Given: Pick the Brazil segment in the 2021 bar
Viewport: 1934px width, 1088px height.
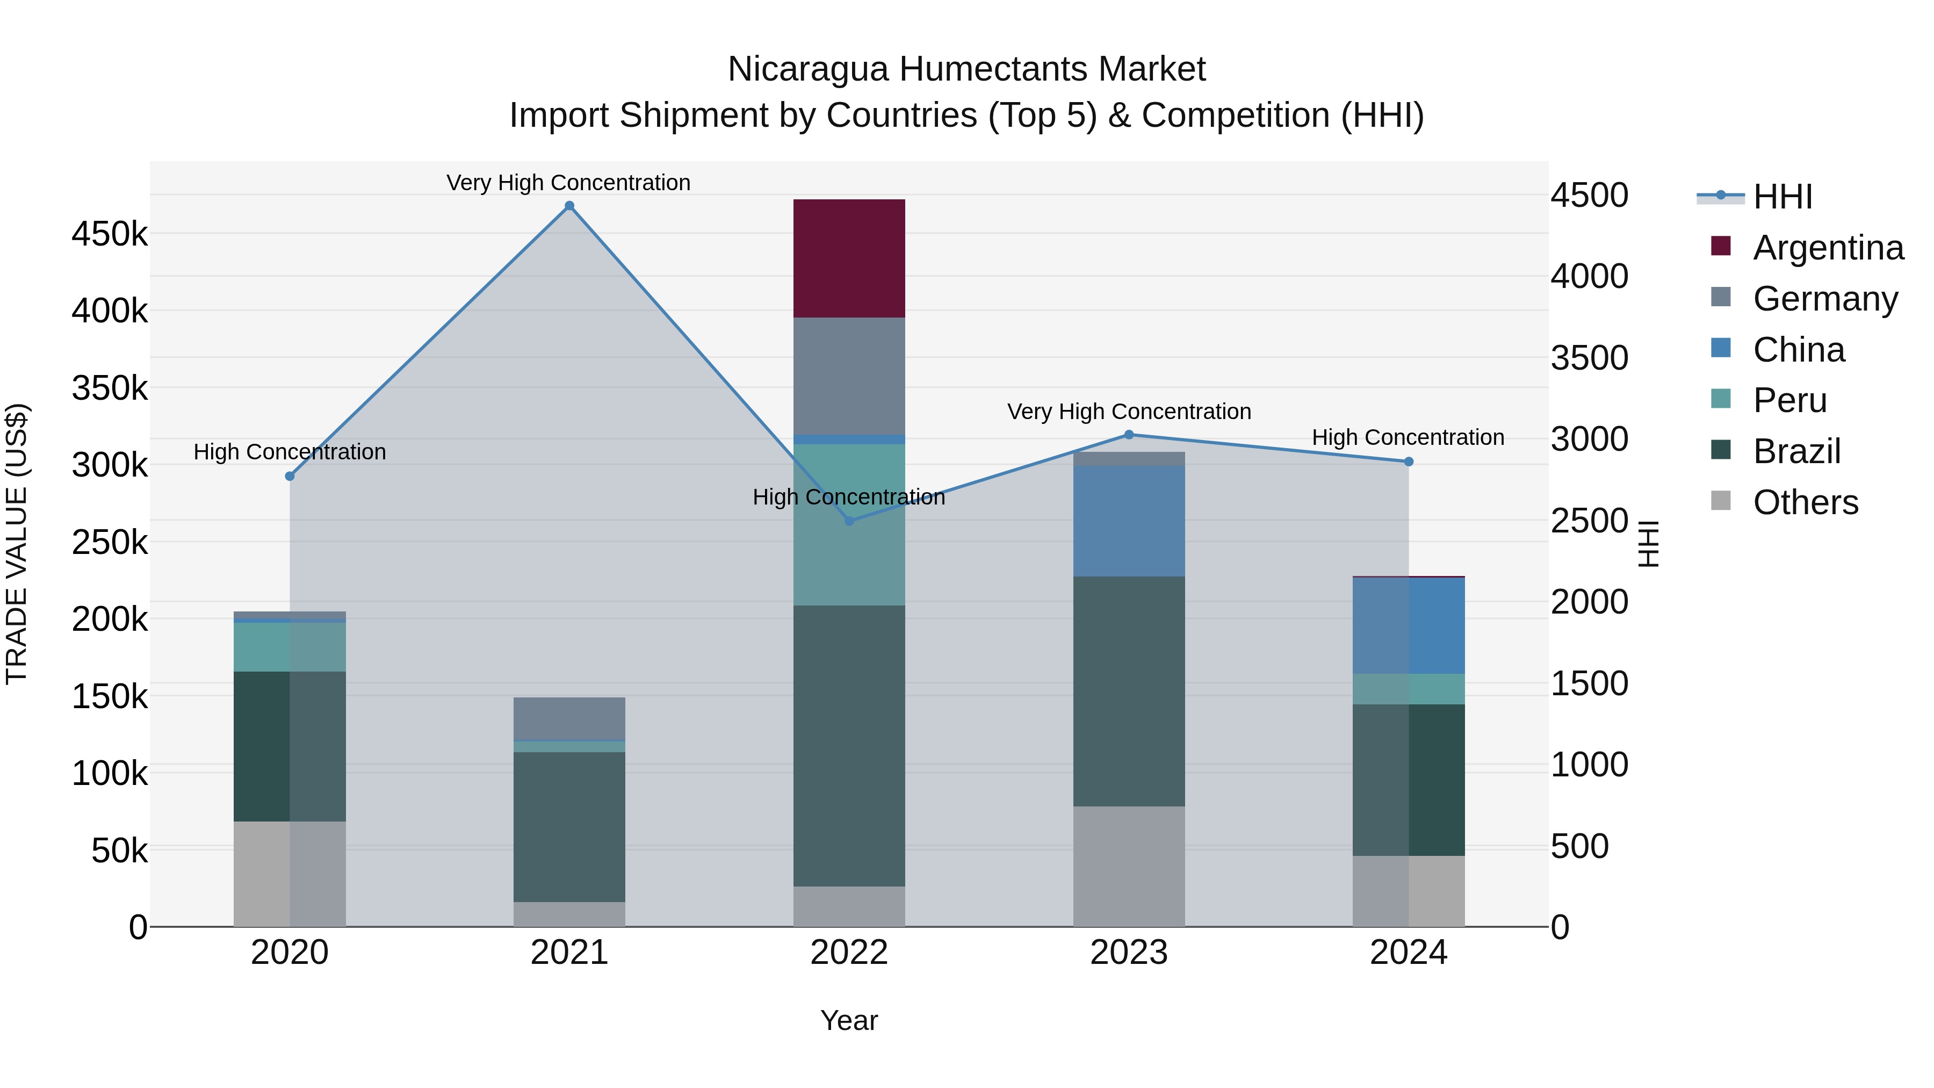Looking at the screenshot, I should click(x=569, y=826).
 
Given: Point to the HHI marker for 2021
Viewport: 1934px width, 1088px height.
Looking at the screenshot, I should click(x=569, y=206).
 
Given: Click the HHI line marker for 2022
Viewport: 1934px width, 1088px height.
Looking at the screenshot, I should click(x=849, y=521).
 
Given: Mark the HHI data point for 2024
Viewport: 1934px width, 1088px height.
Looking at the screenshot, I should click(x=1409, y=462).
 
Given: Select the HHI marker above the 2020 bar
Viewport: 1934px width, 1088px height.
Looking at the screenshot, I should click(x=290, y=476).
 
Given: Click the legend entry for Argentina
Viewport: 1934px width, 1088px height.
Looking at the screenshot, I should click(x=1828, y=248).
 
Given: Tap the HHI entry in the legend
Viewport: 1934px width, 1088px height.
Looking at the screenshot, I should click(x=1783, y=197).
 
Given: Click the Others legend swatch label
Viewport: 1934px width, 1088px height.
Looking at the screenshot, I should click(x=1805, y=502).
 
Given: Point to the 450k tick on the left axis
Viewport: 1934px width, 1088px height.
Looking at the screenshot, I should click(x=110, y=234).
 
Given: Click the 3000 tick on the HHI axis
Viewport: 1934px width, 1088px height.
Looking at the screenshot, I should click(x=1590, y=439).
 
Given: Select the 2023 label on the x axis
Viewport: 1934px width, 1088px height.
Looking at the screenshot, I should click(x=1128, y=953).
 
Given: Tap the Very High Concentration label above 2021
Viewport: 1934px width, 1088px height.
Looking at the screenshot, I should click(x=568, y=183).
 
